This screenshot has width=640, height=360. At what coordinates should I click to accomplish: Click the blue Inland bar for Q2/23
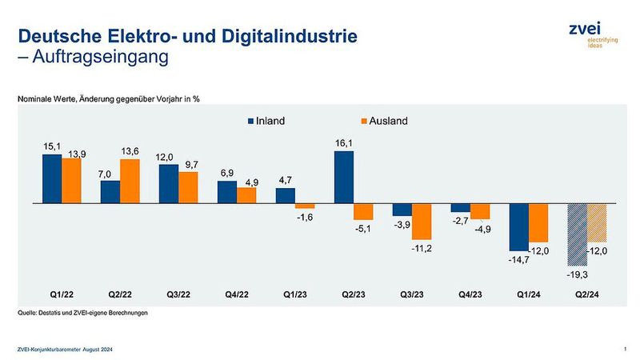(343, 178)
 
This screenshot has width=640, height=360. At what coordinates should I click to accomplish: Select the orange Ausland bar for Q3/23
(422, 222)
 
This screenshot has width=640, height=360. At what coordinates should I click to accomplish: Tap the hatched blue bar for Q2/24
(578, 235)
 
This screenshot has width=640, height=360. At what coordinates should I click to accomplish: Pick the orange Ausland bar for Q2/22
(130, 182)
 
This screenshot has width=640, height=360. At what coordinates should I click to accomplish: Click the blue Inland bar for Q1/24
(519, 227)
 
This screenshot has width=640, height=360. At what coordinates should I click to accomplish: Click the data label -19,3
(578, 274)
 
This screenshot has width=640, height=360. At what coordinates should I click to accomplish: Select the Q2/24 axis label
(587, 294)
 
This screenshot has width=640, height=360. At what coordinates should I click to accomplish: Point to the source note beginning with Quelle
(83, 313)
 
